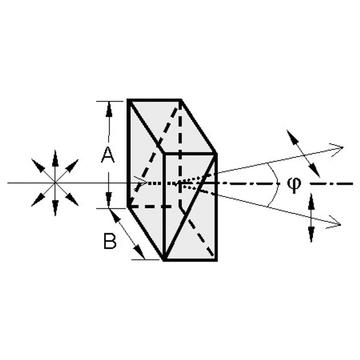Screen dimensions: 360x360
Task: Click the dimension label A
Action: pos(108,156)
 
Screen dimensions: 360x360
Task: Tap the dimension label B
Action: pos(110,241)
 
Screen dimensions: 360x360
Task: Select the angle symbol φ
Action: pos(293,183)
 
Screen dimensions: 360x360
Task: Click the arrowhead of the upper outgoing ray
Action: pos(337,146)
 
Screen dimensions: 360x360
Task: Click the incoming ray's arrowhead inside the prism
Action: pos(141,183)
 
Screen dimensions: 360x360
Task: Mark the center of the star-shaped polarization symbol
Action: pos(55,183)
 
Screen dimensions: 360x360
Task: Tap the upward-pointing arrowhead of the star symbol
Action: pos(55,158)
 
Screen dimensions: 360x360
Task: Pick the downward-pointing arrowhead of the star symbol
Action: pos(55,207)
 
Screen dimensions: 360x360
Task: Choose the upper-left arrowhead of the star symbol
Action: pos(38,165)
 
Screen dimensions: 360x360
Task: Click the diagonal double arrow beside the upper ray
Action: pos(303,154)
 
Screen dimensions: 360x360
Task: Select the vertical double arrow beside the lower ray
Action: pos(311,218)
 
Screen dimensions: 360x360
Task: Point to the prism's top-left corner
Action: pos(128,100)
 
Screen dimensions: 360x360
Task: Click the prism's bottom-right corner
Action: pos(217,260)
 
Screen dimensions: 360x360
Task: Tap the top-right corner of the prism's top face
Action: pos(180,100)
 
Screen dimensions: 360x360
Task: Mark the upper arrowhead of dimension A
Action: pos(109,109)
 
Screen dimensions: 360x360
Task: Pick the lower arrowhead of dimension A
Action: pos(109,199)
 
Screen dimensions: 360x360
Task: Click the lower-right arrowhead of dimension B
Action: pos(140,252)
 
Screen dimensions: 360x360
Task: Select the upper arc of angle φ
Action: pos(275,172)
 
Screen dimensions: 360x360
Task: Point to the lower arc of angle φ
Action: pos(275,194)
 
